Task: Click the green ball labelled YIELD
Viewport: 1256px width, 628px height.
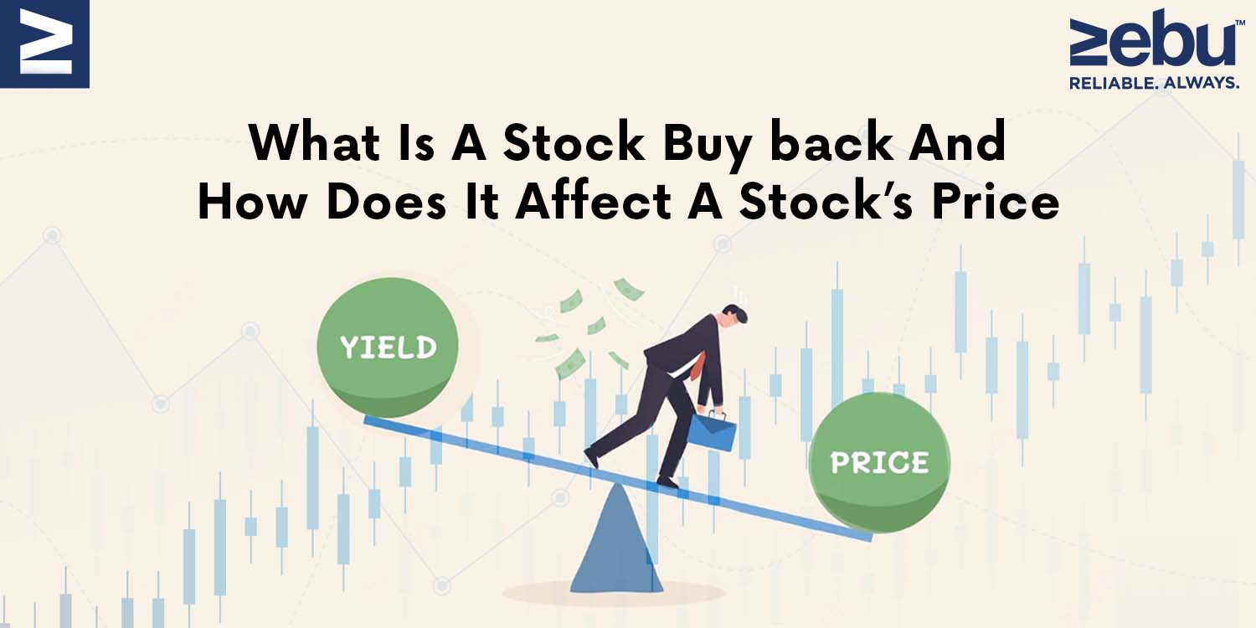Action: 388,347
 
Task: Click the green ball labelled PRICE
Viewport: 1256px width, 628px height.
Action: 879,462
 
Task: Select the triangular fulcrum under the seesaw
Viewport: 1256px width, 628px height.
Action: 617,538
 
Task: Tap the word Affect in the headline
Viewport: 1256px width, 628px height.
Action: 593,202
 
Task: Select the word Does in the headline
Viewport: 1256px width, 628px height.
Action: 386,202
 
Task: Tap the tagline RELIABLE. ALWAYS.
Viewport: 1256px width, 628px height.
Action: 1154,83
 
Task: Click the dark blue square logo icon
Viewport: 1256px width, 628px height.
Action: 45,44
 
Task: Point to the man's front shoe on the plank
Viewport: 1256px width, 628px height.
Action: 667,481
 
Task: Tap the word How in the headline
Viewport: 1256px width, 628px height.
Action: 252,202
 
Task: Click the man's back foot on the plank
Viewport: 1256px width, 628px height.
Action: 591,457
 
